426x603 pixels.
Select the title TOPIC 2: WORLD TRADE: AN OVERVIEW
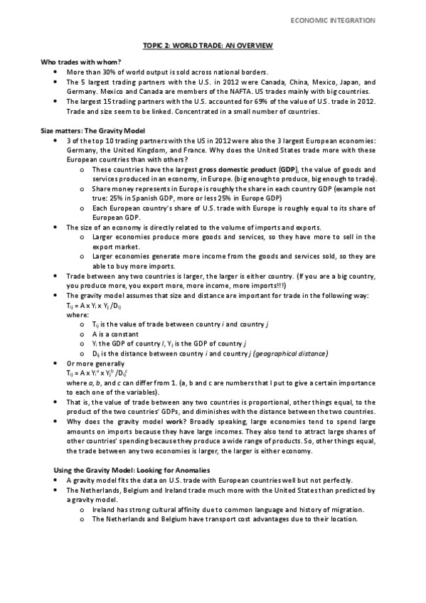[213, 46]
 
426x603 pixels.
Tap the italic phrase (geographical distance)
[291, 353]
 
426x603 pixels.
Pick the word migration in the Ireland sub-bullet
[346, 509]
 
